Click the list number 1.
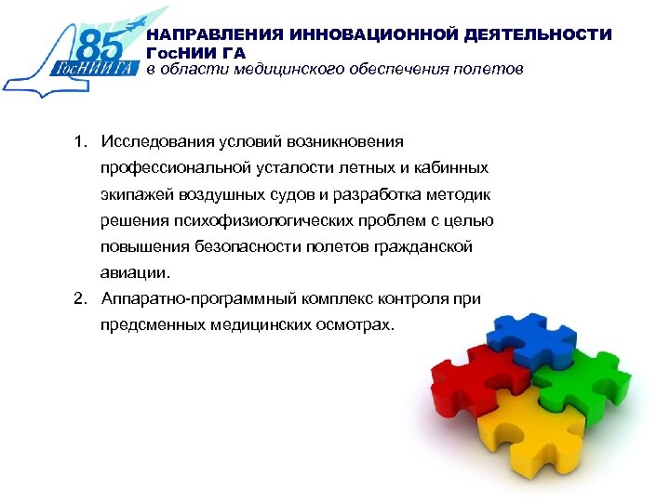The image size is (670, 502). coord(81,141)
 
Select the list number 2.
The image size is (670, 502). coord(81,299)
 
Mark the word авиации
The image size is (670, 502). coord(136,273)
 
